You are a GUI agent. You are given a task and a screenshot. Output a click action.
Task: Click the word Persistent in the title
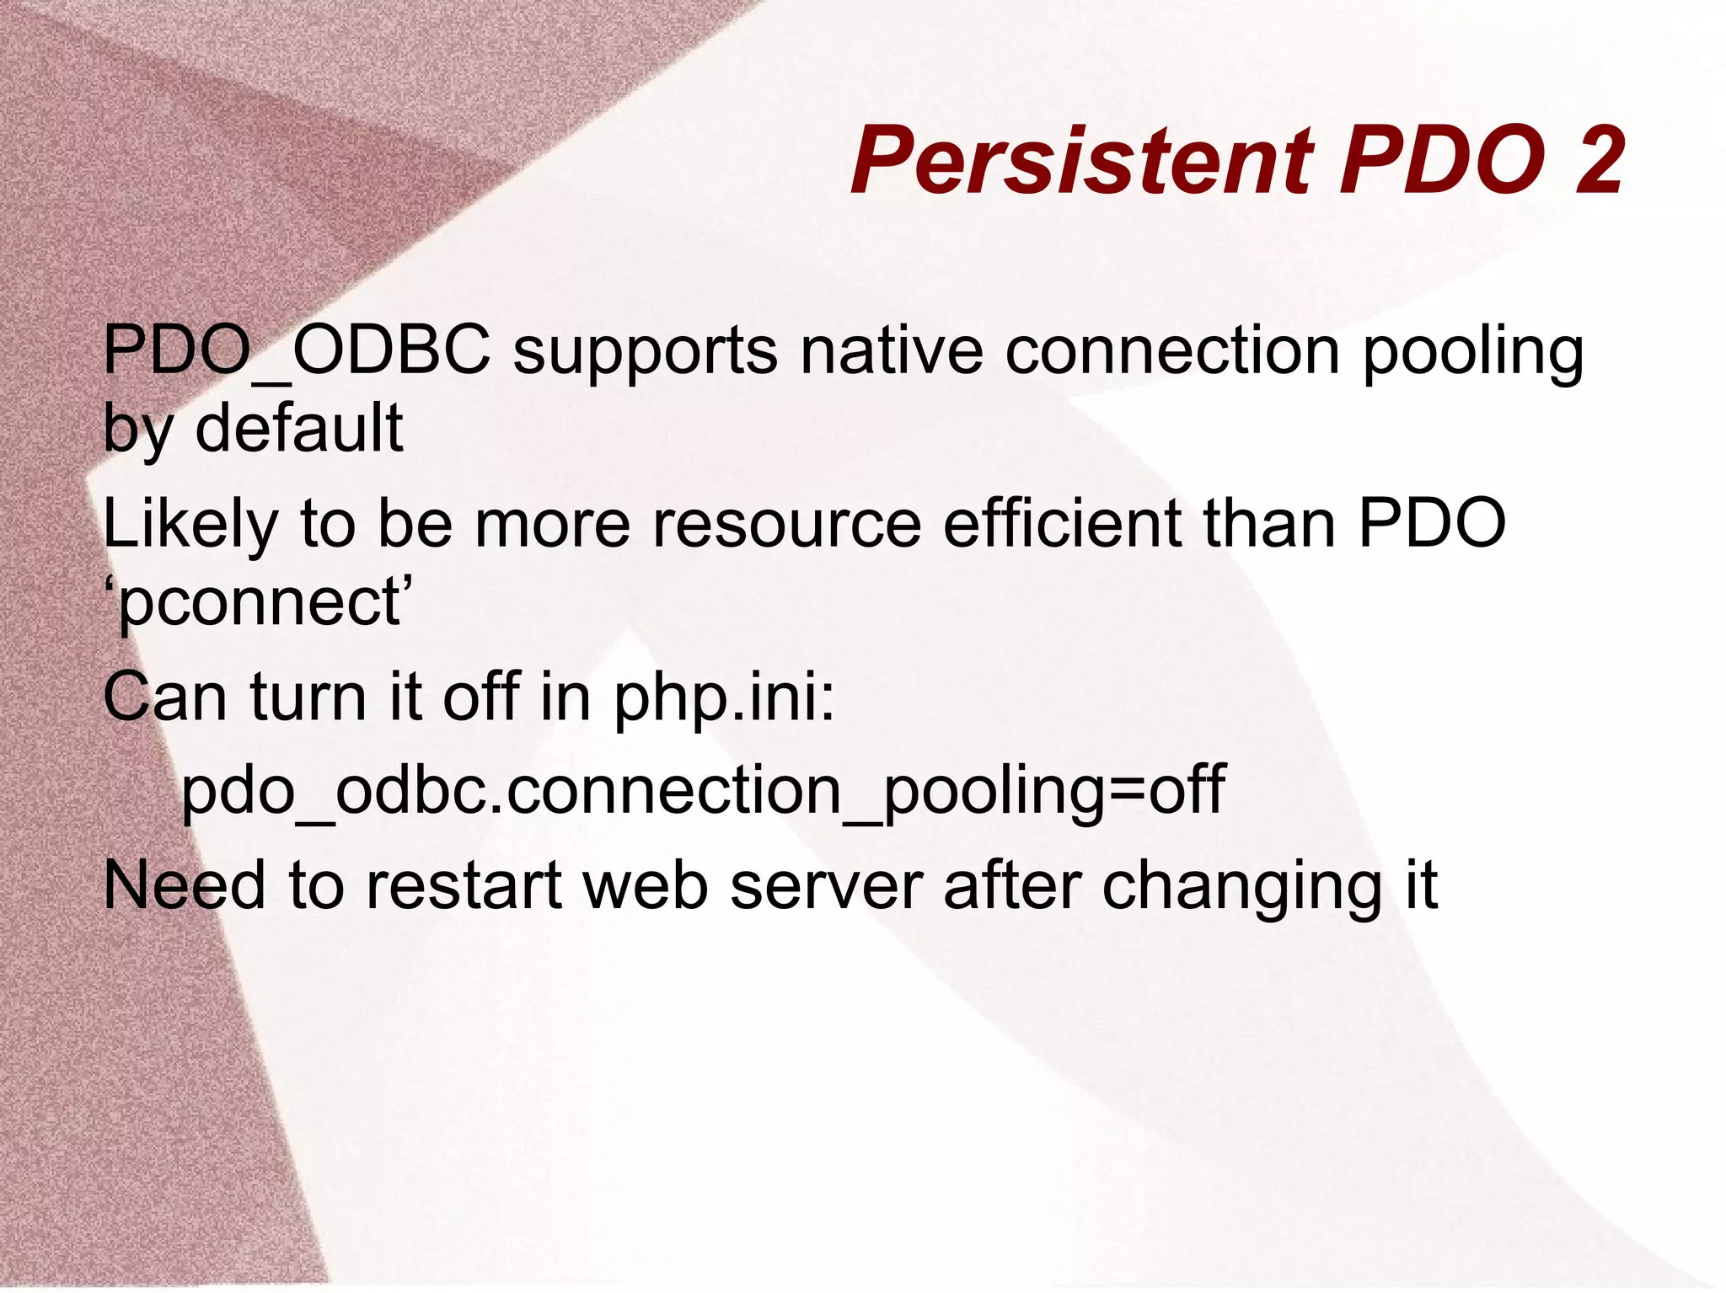click(x=1081, y=160)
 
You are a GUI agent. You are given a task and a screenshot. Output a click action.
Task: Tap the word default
click(x=299, y=427)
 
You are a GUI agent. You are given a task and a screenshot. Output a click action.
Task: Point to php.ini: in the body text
click(x=724, y=699)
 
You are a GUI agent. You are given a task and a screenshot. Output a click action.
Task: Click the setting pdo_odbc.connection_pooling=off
click(x=703, y=792)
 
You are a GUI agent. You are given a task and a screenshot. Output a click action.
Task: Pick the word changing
click(x=1242, y=888)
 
